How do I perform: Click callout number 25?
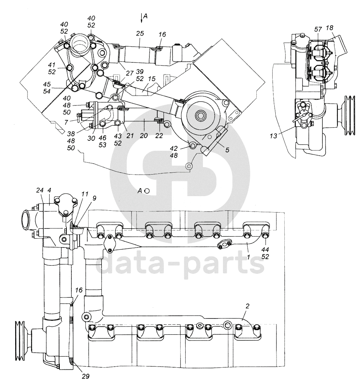coord(140,33)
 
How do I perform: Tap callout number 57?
coord(318,29)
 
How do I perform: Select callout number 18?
coord(329,28)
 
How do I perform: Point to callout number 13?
coord(273,136)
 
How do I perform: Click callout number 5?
coord(227,150)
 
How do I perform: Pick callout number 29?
coord(86,376)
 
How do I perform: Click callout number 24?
coord(40,190)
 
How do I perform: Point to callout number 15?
coord(152,79)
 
